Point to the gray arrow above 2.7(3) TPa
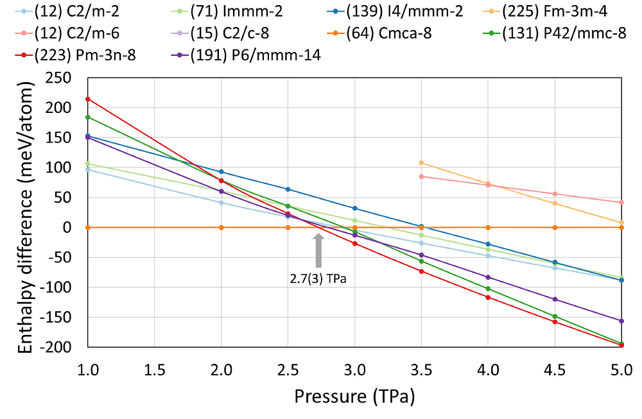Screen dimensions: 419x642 point(318,250)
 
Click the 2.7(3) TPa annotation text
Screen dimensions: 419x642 point(318,279)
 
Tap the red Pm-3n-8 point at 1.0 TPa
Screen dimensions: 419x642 point(88,99)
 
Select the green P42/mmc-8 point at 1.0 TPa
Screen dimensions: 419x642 point(88,117)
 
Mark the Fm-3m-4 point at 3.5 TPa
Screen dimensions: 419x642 point(421,163)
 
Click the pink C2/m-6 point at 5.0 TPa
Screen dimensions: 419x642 point(621,203)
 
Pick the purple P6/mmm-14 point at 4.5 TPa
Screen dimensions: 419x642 point(555,299)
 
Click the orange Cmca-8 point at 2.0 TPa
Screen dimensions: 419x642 point(221,227)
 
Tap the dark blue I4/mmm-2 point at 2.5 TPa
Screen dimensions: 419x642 point(288,189)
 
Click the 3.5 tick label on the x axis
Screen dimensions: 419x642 point(421,370)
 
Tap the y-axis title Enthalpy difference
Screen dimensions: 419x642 point(25,212)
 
